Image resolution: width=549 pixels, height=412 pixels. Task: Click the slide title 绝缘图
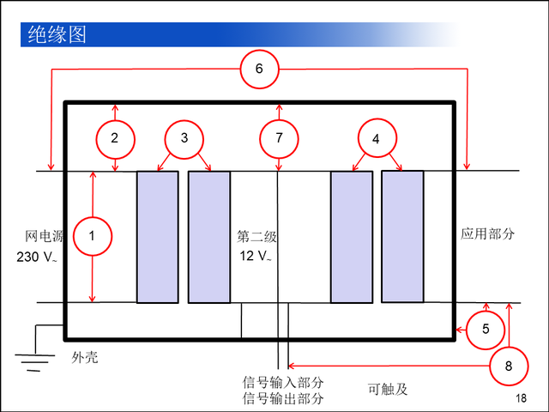tap(57, 35)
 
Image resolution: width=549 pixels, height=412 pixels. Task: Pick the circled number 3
tap(183, 137)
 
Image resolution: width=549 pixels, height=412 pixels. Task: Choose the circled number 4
tap(376, 138)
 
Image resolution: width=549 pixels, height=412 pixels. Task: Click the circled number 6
tap(259, 69)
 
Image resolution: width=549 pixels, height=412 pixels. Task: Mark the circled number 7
tap(279, 137)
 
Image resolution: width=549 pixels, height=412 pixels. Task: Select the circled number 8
tap(510, 366)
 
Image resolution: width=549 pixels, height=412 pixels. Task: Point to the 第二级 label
tap(257, 235)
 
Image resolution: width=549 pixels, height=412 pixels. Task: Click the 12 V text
tap(256, 257)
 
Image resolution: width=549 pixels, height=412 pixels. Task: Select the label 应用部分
tap(487, 233)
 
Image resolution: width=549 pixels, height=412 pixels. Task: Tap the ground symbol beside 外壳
tap(33, 360)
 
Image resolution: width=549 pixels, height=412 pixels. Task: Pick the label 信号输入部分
tap(283, 383)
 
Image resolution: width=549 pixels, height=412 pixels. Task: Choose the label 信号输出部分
tap(283, 398)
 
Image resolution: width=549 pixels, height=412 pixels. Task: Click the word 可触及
tap(387, 390)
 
